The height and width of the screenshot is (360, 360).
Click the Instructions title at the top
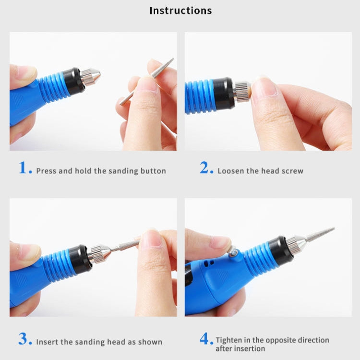[180, 11]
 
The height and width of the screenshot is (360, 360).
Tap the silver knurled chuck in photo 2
[241, 91]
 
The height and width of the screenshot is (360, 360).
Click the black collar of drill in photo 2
[224, 92]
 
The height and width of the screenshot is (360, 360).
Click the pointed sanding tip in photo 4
[319, 234]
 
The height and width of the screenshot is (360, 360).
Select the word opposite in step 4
[281, 340]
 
